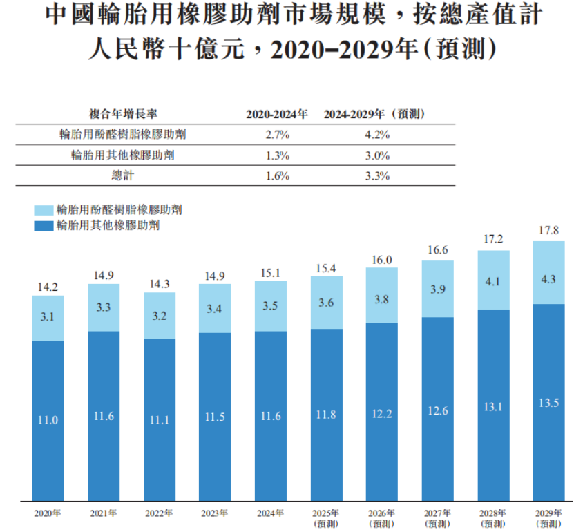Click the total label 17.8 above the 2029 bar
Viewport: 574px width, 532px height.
click(x=549, y=231)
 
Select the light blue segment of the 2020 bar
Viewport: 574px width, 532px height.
click(x=48, y=318)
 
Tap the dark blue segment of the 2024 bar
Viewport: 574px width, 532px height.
click(x=270, y=415)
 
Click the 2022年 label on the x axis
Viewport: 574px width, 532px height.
click(x=159, y=513)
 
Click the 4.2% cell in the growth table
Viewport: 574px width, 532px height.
click(x=377, y=135)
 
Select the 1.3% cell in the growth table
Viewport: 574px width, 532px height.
click(x=277, y=155)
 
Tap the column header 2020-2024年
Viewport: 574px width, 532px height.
click(x=277, y=113)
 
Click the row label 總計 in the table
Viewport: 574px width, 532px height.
click(x=122, y=175)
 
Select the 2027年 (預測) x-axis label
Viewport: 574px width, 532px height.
click(x=437, y=517)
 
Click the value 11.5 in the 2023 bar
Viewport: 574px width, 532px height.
click(x=215, y=417)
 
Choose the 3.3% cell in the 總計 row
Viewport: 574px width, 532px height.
click(x=377, y=175)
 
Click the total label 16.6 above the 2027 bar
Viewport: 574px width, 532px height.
click(x=437, y=250)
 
